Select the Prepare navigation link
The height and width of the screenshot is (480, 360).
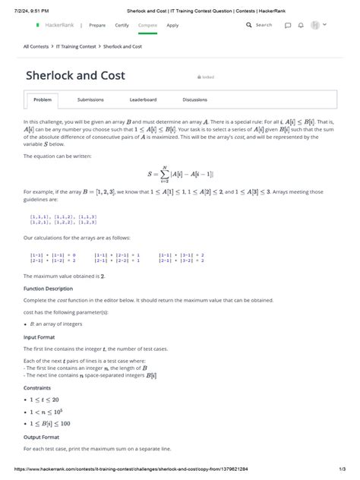97,25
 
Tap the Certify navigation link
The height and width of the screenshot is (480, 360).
122,25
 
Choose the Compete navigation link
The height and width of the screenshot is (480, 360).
148,25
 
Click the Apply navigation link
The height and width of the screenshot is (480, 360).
172,25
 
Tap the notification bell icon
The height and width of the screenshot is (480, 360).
301,25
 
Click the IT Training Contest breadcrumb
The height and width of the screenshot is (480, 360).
77,46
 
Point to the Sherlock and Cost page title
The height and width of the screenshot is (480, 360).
75,76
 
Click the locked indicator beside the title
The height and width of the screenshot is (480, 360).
206,77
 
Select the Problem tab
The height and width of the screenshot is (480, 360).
43,99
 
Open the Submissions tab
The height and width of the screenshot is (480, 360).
90,99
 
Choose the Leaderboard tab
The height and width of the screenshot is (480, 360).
143,99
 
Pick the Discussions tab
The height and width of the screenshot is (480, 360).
194,99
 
